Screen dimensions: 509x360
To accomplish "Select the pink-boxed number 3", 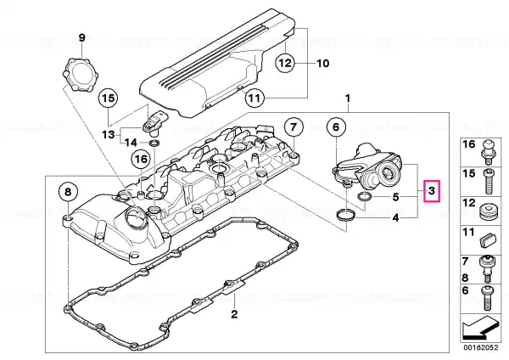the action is [432, 191].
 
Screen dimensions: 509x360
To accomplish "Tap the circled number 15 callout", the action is [109, 98].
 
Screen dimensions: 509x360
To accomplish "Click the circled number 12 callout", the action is [285, 62].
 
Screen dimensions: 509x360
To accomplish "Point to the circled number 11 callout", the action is [255, 97].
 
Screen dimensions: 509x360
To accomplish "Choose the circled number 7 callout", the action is [294, 127].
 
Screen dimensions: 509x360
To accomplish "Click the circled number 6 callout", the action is [336, 127].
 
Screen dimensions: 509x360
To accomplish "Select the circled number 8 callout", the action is [68, 192].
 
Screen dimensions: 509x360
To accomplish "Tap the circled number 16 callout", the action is [141, 160].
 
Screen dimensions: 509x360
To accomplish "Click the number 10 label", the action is [322, 63].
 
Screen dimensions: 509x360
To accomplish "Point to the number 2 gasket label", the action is [234, 314].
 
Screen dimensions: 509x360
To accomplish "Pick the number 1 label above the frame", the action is [348, 98].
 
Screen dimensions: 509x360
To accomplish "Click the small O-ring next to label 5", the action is [364, 196].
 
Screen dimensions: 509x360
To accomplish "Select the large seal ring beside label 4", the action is [346, 215].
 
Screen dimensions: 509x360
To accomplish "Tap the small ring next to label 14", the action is [154, 143].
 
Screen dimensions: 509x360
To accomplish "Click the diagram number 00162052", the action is [480, 347].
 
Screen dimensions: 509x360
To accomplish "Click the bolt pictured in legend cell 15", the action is [489, 182].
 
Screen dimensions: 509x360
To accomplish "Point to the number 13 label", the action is [109, 134].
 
